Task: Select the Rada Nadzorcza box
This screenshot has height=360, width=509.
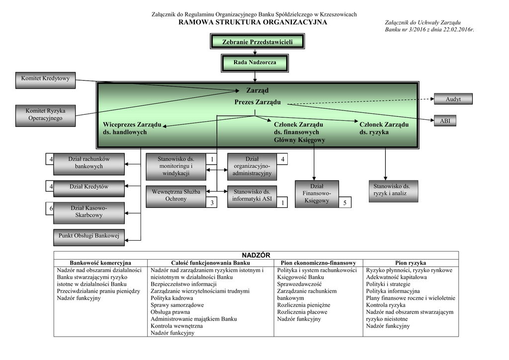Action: [x=254, y=63]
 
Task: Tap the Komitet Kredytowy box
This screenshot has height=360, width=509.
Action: [x=45, y=79]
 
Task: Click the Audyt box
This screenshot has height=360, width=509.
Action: [x=453, y=99]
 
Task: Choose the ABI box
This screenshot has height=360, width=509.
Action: [x=445, y=121]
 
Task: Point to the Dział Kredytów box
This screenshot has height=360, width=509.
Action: [x=89, y=187]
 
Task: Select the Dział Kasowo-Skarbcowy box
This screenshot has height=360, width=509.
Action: [x=89, y=211]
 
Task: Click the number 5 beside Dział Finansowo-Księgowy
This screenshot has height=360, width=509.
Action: [x=344, y=202]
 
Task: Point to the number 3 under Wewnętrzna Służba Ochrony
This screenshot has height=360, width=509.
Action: [x=212, y=203]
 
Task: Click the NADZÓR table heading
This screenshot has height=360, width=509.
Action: [x=255, y=255]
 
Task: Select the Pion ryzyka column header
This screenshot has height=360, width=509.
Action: [x=410, y=263]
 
